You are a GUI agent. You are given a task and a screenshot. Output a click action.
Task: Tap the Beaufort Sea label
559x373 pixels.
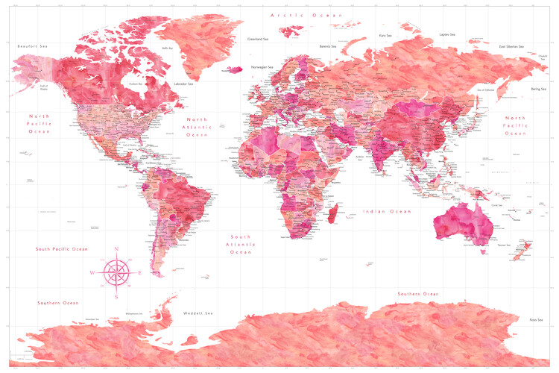point(33,46)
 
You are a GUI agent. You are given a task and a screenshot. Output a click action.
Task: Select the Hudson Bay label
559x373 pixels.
point(135,84)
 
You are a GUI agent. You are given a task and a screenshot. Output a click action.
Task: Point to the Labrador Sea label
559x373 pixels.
point(183,84)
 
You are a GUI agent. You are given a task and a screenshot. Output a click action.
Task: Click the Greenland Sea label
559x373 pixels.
point(262,39)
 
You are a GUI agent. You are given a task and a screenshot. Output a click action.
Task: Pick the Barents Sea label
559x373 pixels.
point(331,46)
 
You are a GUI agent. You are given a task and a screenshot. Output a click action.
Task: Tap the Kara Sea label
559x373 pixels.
point(385,35)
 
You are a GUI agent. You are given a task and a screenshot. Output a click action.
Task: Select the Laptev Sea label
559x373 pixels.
point(447,34)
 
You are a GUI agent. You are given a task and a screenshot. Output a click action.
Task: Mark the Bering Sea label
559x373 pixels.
point(538,89)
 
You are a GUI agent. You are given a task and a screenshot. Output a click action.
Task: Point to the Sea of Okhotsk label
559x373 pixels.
point(485,90)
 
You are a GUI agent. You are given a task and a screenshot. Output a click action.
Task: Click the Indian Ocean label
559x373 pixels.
point(387,212)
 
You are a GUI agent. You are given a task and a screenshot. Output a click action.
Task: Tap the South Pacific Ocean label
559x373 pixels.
point(62,248)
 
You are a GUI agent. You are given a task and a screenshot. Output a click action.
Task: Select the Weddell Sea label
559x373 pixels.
point(200,313)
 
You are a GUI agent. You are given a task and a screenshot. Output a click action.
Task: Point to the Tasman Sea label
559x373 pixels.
point(505,245)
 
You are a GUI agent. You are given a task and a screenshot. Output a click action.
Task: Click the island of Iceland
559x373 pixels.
point(235,70)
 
